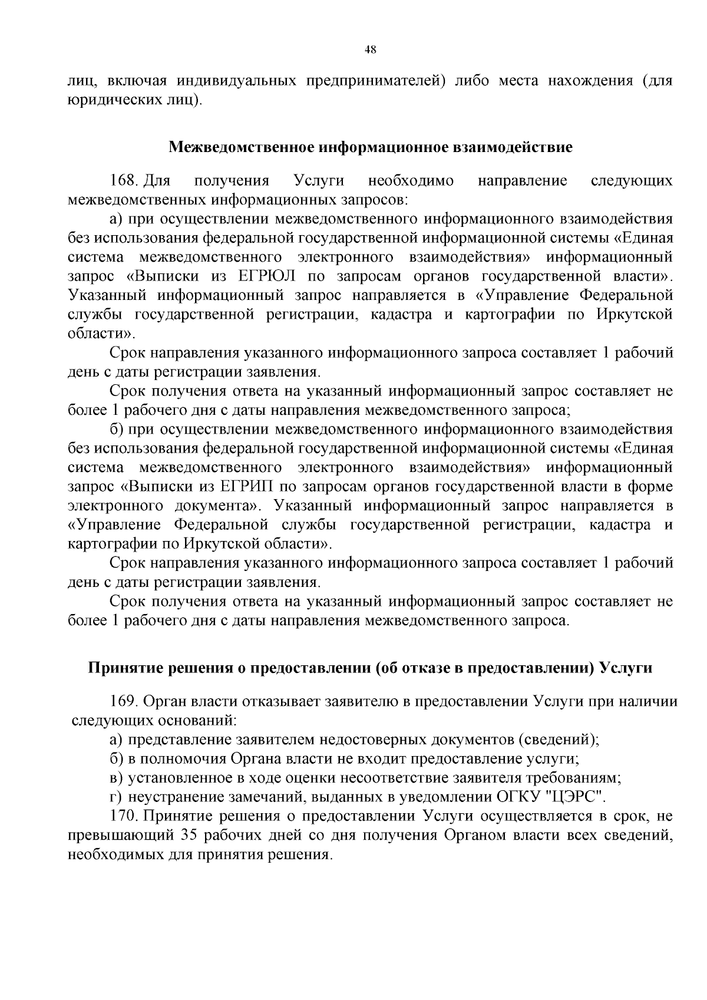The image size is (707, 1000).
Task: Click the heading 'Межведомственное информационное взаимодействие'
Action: (371, 147)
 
